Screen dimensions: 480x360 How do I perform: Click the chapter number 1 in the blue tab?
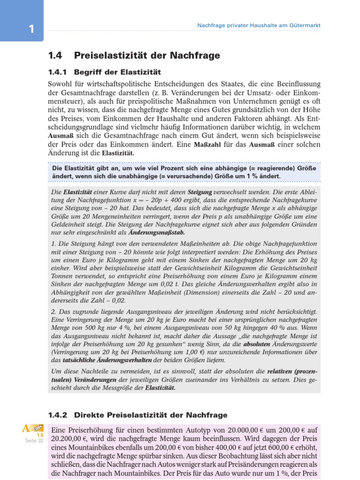pos(31,29)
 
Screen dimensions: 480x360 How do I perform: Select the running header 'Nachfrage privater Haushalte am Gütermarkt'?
pos(259,25)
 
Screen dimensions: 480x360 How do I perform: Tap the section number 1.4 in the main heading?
pos(55,55)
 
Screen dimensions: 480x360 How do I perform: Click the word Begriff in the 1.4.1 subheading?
pos(90,72)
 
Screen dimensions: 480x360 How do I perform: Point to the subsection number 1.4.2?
pos(58,415)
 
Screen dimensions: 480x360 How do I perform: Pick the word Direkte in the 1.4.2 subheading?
pos(91,415)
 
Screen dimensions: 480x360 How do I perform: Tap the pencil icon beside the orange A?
pos(39,427)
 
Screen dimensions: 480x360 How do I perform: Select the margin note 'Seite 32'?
pos(34,441)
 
